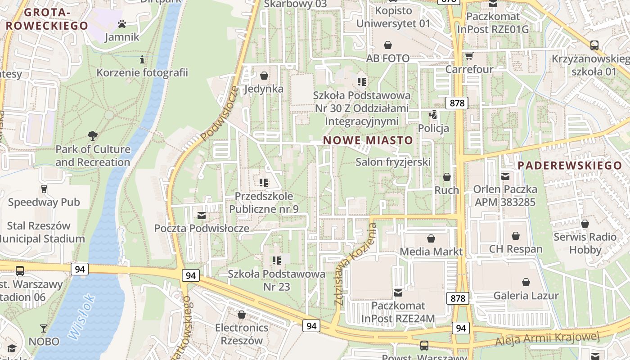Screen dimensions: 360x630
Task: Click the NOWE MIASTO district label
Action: [x=368, y=140]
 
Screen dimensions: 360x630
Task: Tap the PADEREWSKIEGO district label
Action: [x=569, y=165]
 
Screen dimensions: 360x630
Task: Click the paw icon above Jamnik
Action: [x=121, y=23]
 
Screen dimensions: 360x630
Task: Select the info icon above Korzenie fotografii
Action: [x=142, y=59]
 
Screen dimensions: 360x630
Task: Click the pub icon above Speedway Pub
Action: [x=44, y=189]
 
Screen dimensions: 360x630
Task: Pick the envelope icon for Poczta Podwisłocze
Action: [x=202, y=215]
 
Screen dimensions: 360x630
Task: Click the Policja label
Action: [x=433, y=128]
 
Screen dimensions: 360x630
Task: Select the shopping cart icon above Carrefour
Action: [x=469, y=56]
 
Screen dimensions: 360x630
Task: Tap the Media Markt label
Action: [x=431, y=251]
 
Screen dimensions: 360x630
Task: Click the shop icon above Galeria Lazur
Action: [x=526, y=282]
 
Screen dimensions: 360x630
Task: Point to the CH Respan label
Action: [x=516, y=249]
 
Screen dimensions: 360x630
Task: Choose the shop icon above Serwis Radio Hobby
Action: [x=585, y=224]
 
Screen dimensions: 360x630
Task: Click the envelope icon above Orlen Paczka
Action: [x=505, y=176]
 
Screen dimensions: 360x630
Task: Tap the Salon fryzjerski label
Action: [x=393, y=162]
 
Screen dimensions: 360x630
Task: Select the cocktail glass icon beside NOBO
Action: [x=44, y=328]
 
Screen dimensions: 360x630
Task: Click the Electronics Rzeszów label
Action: [x=242, y=334]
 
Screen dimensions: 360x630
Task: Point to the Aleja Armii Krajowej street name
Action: [x=548, y=339]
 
